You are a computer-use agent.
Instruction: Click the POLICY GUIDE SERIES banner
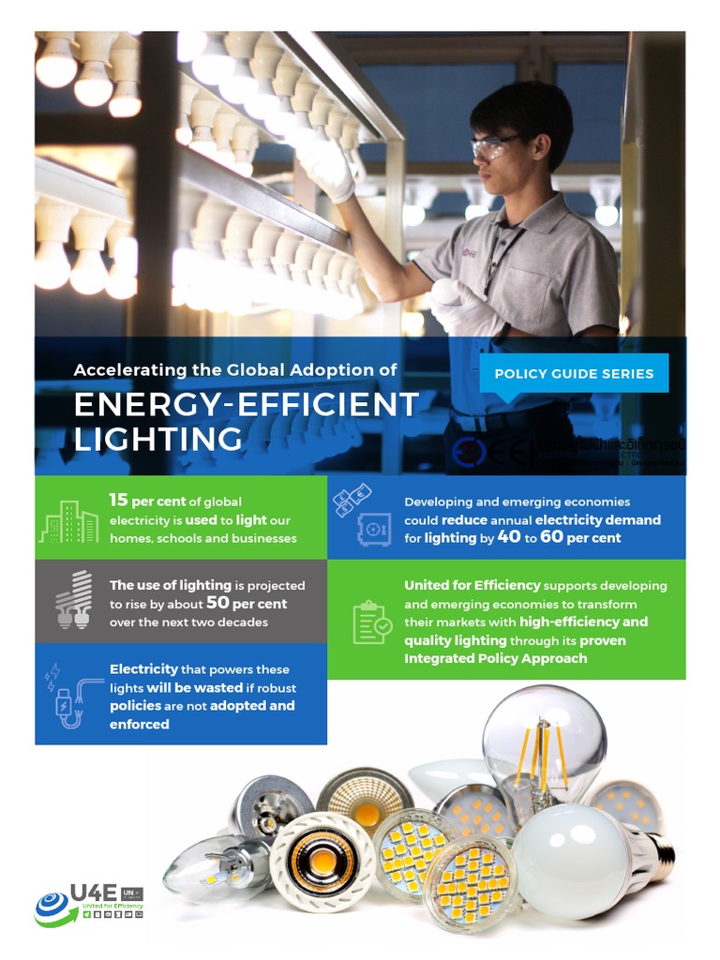point(574,373)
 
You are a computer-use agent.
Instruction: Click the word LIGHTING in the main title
point(157,439)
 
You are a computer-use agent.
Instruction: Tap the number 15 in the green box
point(118,502)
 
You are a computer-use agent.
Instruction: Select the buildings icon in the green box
point(68,520)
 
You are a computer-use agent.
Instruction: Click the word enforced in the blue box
point(140,724)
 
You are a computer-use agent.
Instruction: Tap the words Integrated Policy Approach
point(496,658)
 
